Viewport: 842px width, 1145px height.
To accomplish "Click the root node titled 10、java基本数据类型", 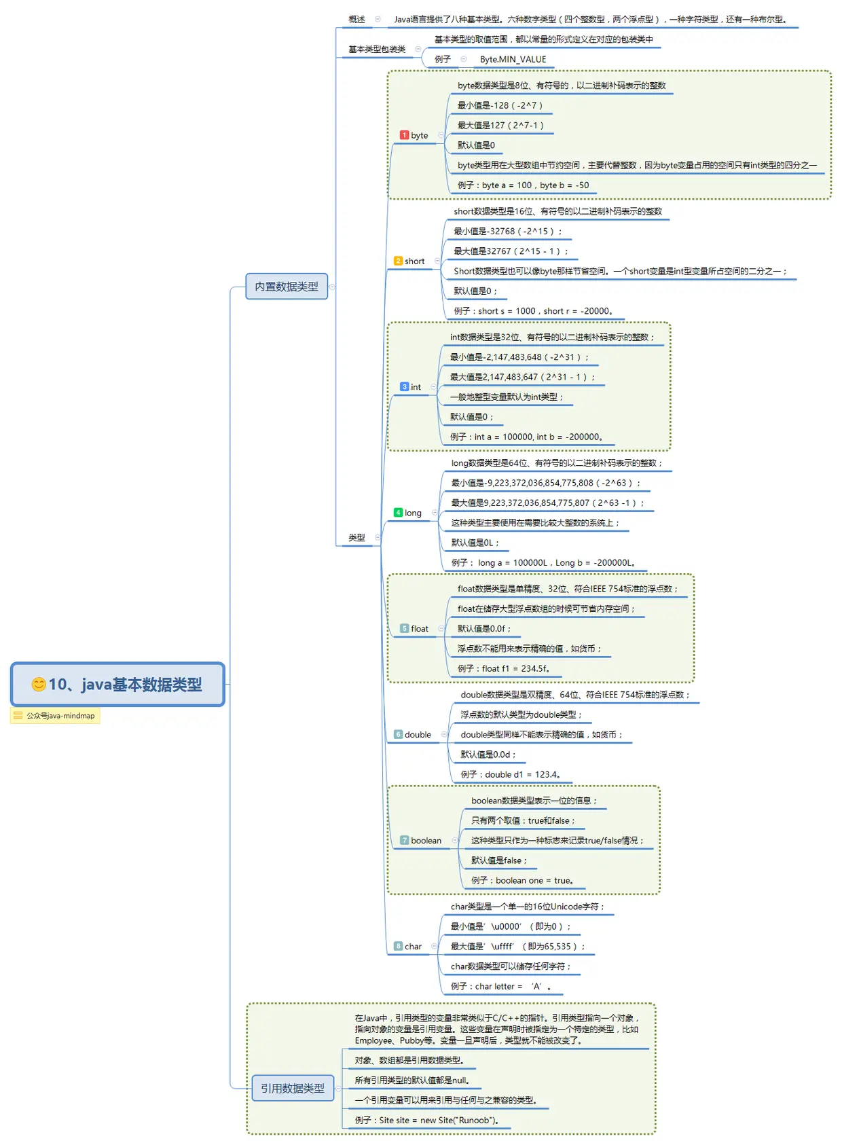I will (117, 684).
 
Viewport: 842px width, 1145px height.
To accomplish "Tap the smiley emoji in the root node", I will (39, 684).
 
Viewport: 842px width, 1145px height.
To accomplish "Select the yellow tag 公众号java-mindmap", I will (55, 716).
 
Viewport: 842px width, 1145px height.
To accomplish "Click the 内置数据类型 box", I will (286, 287).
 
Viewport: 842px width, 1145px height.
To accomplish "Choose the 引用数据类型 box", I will (292, 1088).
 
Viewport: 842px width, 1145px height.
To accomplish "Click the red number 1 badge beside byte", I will (404, 135).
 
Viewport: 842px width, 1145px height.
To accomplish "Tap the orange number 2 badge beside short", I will (398, 261).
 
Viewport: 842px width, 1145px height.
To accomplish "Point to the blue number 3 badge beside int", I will (404, 387).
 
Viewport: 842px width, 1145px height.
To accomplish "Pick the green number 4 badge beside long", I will (398, 513).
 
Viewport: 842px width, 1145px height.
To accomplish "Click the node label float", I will (420, 629).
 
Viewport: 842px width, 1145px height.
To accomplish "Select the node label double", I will (418, 735).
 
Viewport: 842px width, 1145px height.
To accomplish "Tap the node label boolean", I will (426, 841).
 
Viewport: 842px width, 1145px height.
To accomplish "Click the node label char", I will (413, 947).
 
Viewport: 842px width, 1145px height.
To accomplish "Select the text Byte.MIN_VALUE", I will (513, 60).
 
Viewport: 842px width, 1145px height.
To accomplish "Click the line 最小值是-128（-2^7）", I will (500, 105).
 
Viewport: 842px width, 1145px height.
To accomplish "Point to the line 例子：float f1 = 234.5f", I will (503, 669).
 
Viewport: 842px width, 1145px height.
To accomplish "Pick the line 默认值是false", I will (498, 860).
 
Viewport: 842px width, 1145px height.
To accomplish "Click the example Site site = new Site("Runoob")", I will (426, 1121).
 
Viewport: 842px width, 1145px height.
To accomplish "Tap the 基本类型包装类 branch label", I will (377, 50).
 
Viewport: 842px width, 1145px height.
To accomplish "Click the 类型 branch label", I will (356, 538).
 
